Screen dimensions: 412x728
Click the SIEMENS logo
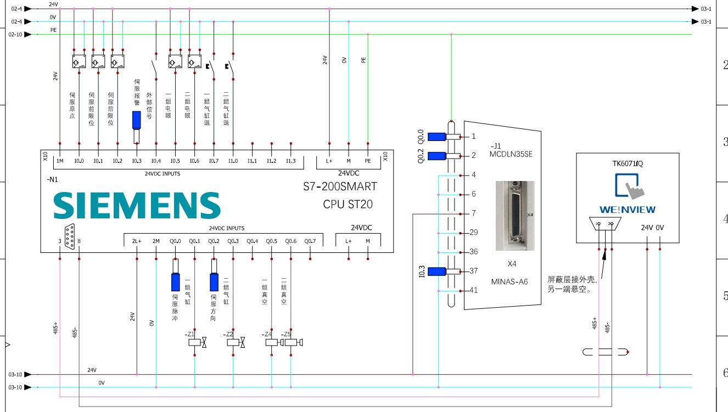coord(137,205)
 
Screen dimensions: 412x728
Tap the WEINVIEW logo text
coord(628,209)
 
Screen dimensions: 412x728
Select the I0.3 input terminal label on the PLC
coord(136,161)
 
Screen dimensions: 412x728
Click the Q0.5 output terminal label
coord(271,241)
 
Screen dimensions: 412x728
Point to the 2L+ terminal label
coord(137,241)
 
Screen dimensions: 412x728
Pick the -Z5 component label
coord(285,334)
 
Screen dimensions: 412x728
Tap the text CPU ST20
coord(348,204)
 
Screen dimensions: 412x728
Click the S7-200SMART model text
coord(340,187)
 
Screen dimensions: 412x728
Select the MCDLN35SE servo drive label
coord(510,154)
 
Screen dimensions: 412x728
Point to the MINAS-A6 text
coord(509,281)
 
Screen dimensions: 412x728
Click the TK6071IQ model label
coord(628,163)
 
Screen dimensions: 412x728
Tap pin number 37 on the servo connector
coord(473,271)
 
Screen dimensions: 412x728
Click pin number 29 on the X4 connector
coord(473,233)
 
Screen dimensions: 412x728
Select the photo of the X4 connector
coord(514,216)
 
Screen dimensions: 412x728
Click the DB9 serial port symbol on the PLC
coord(69,237)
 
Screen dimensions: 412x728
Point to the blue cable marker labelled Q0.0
coord(436,137)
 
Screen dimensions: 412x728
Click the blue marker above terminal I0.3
coord(137,120)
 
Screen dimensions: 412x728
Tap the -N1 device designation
coord(53,179)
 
